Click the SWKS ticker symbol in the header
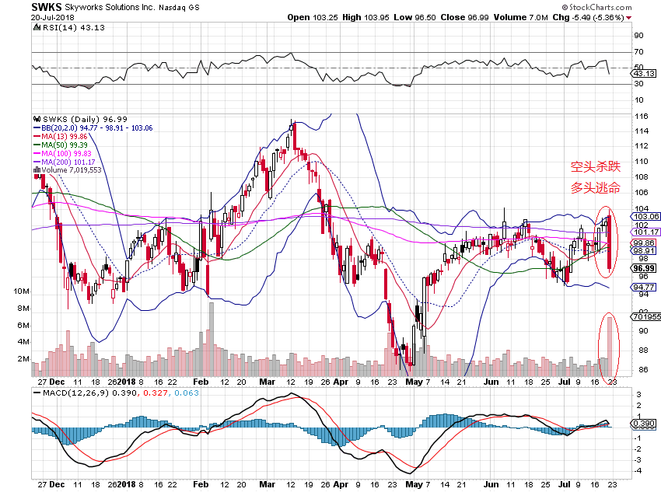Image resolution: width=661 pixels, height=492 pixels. (x=47, y=7)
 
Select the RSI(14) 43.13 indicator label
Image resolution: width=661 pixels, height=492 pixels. (x=64, y=28)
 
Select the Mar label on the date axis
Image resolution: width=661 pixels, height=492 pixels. (x=267, y=383)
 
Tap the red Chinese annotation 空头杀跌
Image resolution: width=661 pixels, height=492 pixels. (x=596, y=166)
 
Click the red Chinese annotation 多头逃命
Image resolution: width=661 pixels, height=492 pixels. (x=596, y=188)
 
